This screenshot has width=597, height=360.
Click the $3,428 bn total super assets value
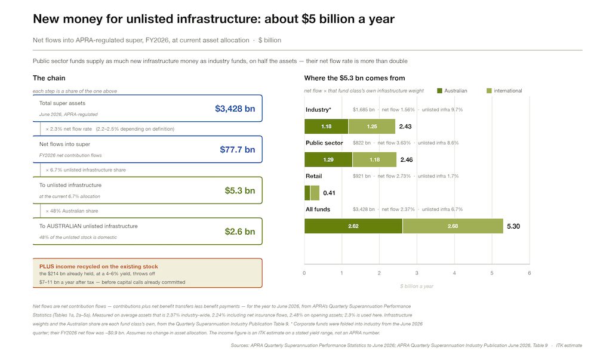235,109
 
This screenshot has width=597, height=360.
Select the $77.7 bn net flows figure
237,150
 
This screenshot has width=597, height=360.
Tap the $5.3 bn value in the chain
239,190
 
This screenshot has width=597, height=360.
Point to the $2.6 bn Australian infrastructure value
239,232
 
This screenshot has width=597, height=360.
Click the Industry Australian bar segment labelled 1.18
327,127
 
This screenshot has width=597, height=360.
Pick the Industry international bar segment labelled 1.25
372,127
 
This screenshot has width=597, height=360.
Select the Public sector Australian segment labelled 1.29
328,159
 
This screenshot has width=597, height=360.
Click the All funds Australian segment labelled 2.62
353,226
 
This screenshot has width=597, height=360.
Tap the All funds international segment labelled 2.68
453,226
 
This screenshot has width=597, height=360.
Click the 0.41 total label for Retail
329,193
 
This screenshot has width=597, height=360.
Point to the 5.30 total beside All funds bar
513,226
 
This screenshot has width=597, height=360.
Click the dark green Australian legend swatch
439,91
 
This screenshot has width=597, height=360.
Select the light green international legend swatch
489,91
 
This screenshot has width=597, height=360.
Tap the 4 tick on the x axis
454,273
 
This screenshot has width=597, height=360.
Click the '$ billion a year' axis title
417,286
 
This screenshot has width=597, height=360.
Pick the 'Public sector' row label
324,143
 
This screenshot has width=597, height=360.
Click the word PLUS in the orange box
47,266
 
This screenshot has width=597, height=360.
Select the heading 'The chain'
49,78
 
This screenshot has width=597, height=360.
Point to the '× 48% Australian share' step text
72,211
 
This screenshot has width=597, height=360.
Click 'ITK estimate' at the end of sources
569,345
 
